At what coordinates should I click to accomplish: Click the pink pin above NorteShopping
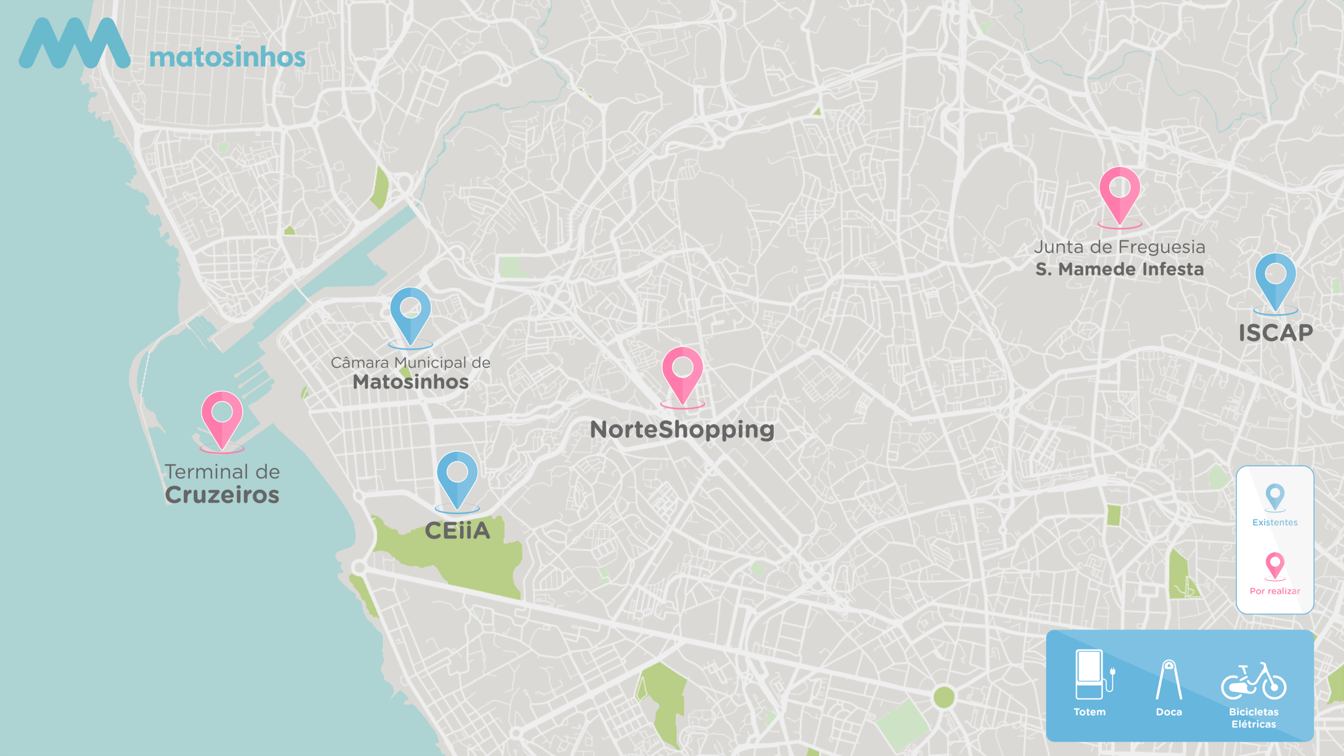pyautogui.click(x=682, y=372)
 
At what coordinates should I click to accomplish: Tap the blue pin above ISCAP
pyautogui.click(x=1275, y=279)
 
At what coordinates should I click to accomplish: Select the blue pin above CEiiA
pyautogui.click(x=457, y=476)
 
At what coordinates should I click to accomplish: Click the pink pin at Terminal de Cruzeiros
pyautogui.click(x=222, y=417)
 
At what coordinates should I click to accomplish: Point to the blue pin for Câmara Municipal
pyautogui.click(x=410, y=312)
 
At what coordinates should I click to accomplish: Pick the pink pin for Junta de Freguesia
pyautogui.click(x=1119, y=192)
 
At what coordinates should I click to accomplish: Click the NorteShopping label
pyautogui.click(x=682, y=430)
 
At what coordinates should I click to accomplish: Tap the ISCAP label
pyautogui.click(x=1276, y=333)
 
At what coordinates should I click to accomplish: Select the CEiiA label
pyautogui.click(x=457, y=531)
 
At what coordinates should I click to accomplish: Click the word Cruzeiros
pyautogui.click(x=222, y=495)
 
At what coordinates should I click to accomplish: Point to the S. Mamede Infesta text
pyautogui.click(x=1119, y=269)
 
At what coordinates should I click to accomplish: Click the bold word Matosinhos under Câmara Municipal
pyautogui.click(x=411, y=382)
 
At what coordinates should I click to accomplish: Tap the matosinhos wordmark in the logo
pyautogui.click(x=227, y=58)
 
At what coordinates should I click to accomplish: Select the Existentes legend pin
pyautogui.click(x=1275, y=496)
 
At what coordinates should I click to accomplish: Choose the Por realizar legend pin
pyautogui.click(x=1275, y=565)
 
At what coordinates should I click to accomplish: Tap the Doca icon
pyautogui.click(x=1169, y=680)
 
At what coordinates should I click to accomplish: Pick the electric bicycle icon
pyautogui.click(x=1254, y=681)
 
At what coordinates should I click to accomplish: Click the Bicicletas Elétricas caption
pyautogui.click(x=1254, y=718)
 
